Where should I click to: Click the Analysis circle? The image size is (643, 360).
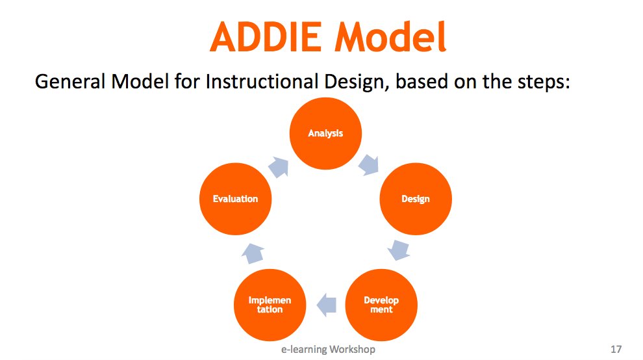[325, 134]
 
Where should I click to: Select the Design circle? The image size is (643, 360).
[415, 199]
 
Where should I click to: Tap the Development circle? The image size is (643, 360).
[381, 305]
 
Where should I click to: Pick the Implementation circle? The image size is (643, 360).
[270, 305]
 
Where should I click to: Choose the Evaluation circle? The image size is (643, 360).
[235, 199]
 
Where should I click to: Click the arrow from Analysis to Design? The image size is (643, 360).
[370, 164]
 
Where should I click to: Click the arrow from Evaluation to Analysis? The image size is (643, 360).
[279, 166]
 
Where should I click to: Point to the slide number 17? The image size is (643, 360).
[616, 350]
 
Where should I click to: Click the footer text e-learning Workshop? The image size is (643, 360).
[327, 350]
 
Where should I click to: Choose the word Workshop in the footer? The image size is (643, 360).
[351, 350]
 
